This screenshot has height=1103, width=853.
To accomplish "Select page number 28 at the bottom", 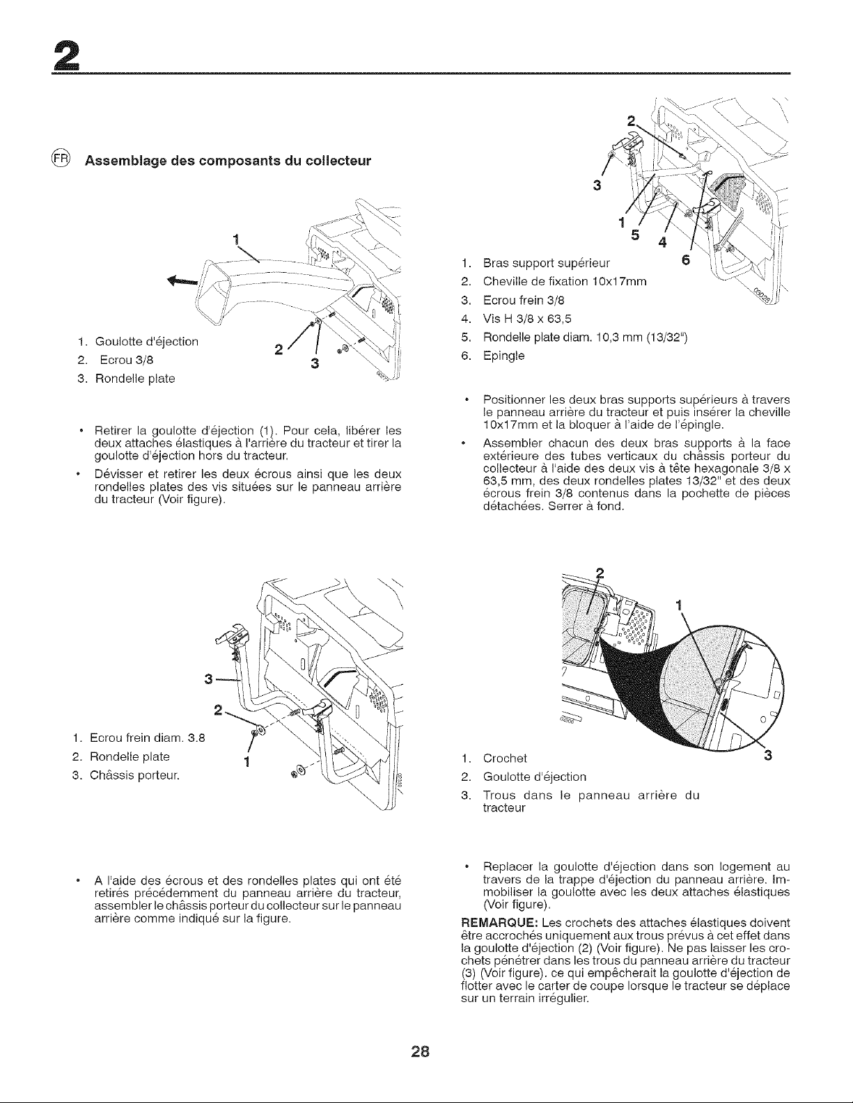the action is [421, 1052].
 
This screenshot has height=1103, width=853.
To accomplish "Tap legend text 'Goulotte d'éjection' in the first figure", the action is [147, 342].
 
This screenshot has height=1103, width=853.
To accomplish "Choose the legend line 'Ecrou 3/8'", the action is [127, 360].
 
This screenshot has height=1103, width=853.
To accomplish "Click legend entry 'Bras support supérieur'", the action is [547, 263].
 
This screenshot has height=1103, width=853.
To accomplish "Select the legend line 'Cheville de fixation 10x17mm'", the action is [565, 281].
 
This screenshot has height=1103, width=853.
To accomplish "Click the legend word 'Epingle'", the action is [503, 356].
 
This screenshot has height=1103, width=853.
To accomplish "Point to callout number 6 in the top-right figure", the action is [686, 260].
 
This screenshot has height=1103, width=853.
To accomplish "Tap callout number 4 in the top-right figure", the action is [662, 243].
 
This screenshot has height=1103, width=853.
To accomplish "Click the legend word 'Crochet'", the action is [505, 759].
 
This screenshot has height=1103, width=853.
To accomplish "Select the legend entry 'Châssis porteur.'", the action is [134, 776].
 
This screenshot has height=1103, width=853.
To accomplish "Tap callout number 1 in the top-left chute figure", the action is [235, 239].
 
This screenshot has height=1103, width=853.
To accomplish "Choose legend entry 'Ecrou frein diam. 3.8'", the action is [147, 738].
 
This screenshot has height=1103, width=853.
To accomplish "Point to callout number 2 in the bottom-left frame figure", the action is [218, 711].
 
